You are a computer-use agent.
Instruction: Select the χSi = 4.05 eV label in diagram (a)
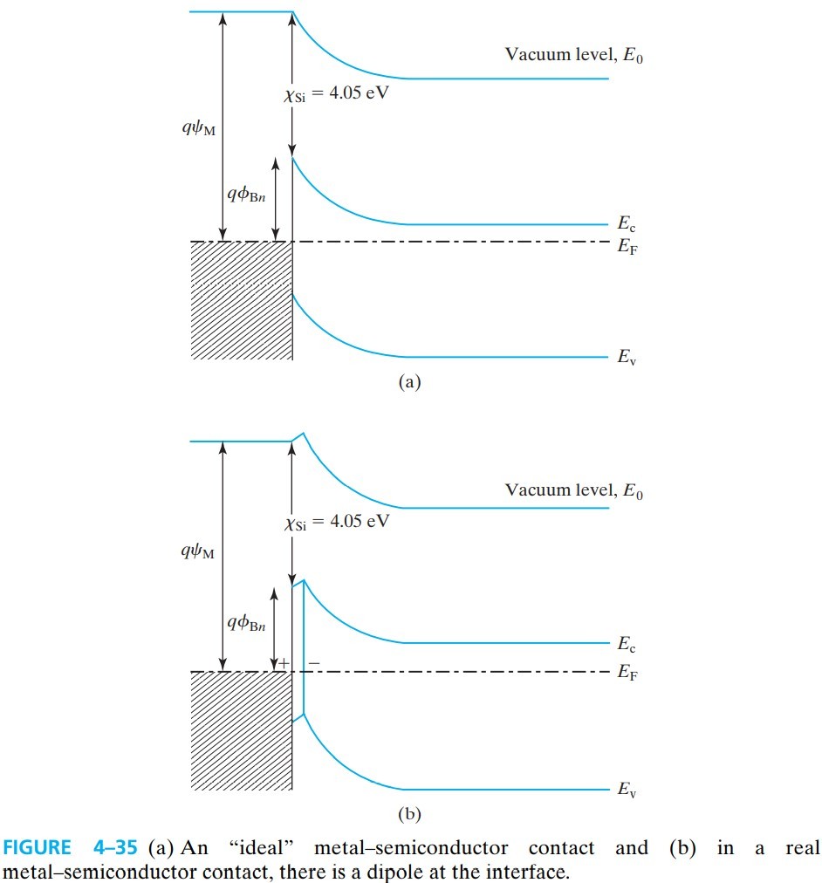point(336,94)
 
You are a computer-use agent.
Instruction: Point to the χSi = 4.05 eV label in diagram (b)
point(336,523)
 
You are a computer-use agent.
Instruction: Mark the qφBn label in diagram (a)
point(247,194)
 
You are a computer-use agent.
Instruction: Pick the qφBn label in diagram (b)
point(247,622)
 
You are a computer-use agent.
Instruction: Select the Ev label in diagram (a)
point(626,357)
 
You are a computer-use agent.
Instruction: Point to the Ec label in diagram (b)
point(626,646)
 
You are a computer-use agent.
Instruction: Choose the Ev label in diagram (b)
point(626,790)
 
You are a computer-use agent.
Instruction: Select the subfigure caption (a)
point(408,381)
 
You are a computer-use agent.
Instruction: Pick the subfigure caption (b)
point(408,815)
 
